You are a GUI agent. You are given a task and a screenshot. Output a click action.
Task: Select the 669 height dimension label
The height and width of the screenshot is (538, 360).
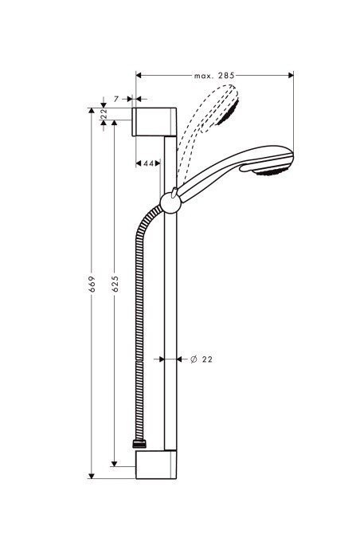93,283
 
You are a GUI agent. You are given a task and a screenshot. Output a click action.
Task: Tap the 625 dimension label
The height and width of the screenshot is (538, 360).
115,283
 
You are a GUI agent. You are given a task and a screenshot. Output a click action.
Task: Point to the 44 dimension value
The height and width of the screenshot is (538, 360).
148,163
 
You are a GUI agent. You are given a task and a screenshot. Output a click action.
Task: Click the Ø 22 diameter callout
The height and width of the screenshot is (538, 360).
202,360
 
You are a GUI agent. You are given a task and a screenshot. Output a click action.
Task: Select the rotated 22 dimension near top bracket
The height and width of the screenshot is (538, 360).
104,114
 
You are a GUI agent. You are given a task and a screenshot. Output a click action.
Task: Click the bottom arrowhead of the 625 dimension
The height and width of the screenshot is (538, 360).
115,461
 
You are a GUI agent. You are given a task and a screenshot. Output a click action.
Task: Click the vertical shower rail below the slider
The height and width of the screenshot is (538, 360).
169,335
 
